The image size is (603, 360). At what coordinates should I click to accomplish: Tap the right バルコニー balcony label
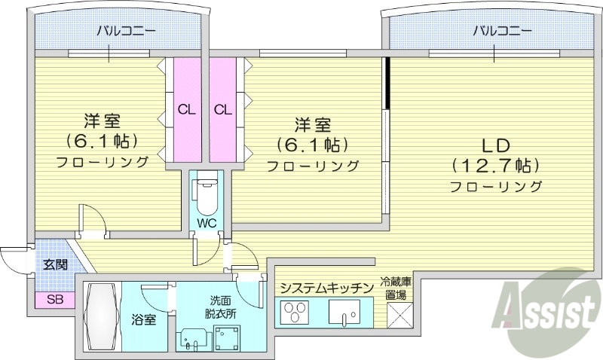[502, 32]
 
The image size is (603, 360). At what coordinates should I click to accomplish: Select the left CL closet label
[186, 109]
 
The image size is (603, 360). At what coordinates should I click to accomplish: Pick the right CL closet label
[222, 109]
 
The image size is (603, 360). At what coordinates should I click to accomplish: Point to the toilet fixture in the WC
[204, 194]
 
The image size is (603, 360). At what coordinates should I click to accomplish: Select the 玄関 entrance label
[54, 264]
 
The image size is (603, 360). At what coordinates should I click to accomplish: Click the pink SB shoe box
[54, 299]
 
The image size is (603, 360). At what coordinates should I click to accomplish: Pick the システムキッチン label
[326, 288]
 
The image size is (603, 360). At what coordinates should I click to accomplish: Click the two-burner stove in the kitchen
[295, 311]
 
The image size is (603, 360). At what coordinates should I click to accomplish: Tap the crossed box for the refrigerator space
[399, 313]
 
